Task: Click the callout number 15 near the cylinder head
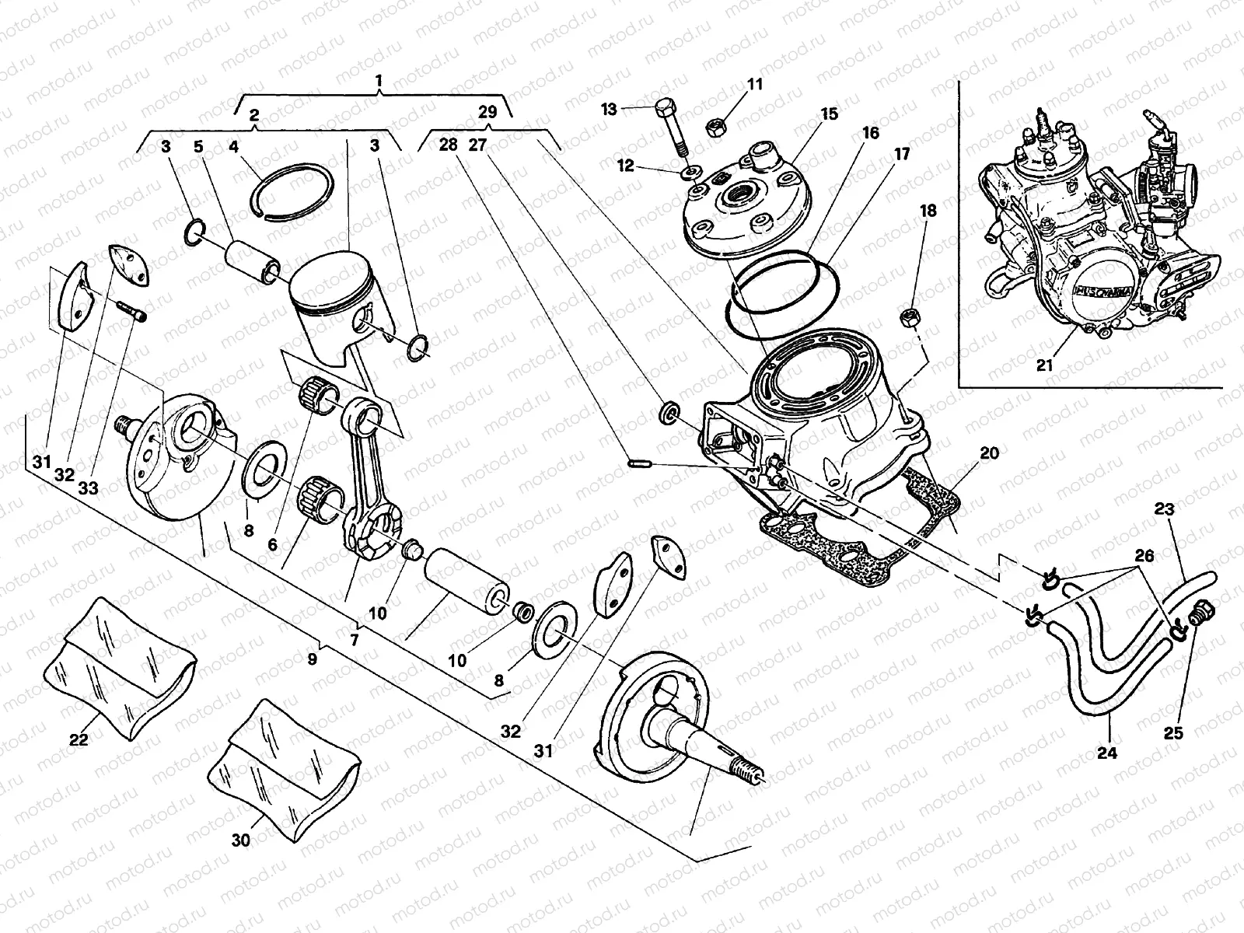click(x=829, y=114)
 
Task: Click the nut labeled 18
click(x=907, y=316)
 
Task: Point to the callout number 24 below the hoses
click(x=1107, y=753)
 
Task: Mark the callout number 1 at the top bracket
click(x=379, y=80)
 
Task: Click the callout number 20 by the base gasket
click(x=991, y=453)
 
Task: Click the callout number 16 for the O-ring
click(x=870, y=133)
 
